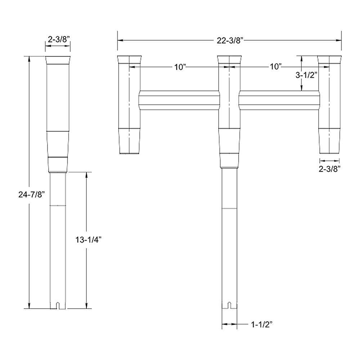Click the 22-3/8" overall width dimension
click(x=229, y=40)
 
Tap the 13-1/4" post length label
click(x=88, y=240)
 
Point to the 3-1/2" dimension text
click(x=306, y=75)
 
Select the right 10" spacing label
click(x=275, y=67)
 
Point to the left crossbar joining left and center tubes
click(x=179, y=100)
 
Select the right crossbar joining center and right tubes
click(x=279, y=100)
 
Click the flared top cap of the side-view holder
click(x=58, y=60)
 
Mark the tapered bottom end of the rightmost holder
click(x=329, y=141)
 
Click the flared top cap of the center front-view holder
click(x=229, y=59)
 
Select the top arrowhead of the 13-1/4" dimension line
click(x=86, y=175)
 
